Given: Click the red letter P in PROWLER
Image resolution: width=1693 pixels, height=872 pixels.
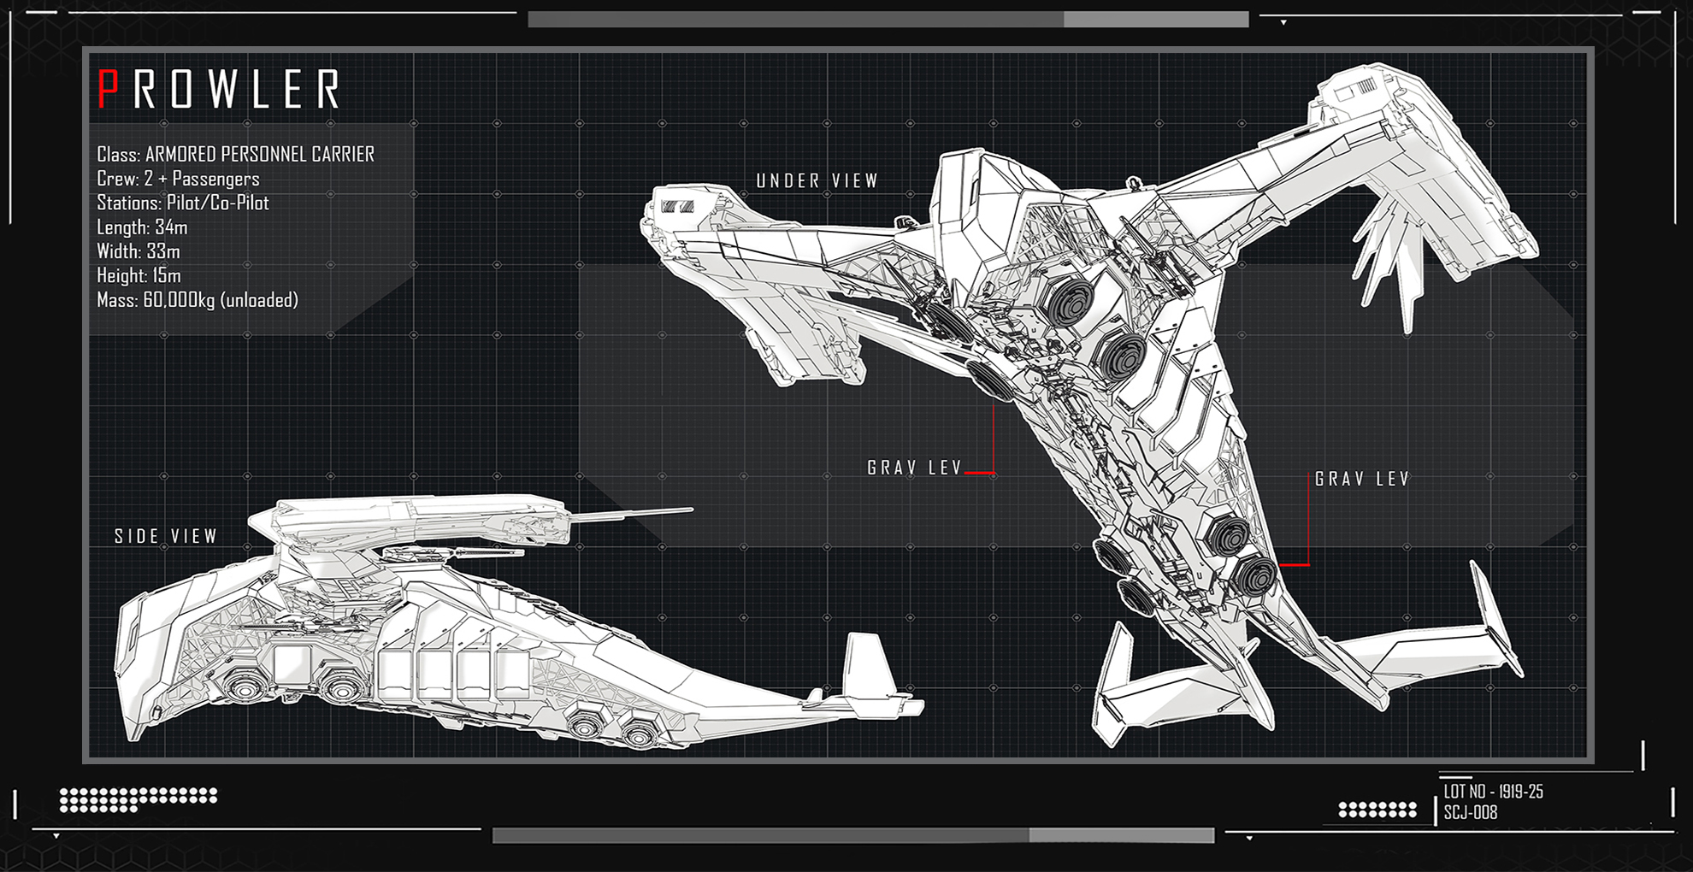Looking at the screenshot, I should click(x=107, y=89).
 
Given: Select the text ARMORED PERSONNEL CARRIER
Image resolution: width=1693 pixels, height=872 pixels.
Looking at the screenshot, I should click(x=259, y=155).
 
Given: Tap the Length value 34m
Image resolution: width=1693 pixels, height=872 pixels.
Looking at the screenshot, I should click(x=171, y=227).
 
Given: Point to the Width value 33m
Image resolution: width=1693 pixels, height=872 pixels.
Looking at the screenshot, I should click(x=162, y=251).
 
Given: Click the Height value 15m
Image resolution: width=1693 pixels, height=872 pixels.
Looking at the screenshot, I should click(x=167, y=276).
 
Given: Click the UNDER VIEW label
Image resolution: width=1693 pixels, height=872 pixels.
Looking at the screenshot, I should click(x=817, y=181).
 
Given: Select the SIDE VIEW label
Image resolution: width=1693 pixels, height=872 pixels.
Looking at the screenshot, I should click(x=166, y=537).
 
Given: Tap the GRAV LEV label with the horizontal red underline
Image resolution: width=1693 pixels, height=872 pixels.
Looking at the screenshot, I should click(x=914, y=468).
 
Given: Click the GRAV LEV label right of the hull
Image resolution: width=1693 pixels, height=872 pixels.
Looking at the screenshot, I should click(x=1361, y=480).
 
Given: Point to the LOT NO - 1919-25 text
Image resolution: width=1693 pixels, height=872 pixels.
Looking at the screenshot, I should click(x=1493, y=792).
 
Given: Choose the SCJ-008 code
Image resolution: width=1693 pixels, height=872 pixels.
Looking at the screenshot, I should click(x=1471, y=813).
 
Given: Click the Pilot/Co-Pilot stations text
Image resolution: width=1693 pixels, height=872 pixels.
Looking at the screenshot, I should click(x=217, y=203).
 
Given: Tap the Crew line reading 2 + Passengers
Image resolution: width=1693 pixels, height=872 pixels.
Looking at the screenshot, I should click(x=202, y=180).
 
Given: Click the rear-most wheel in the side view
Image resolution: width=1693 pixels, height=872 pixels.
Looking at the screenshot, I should click(x=638, y=732).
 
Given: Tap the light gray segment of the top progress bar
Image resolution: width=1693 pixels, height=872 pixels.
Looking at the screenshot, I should click(x=1155, y=20).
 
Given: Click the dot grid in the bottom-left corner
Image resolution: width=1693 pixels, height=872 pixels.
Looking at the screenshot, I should click(x=137, y=799).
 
